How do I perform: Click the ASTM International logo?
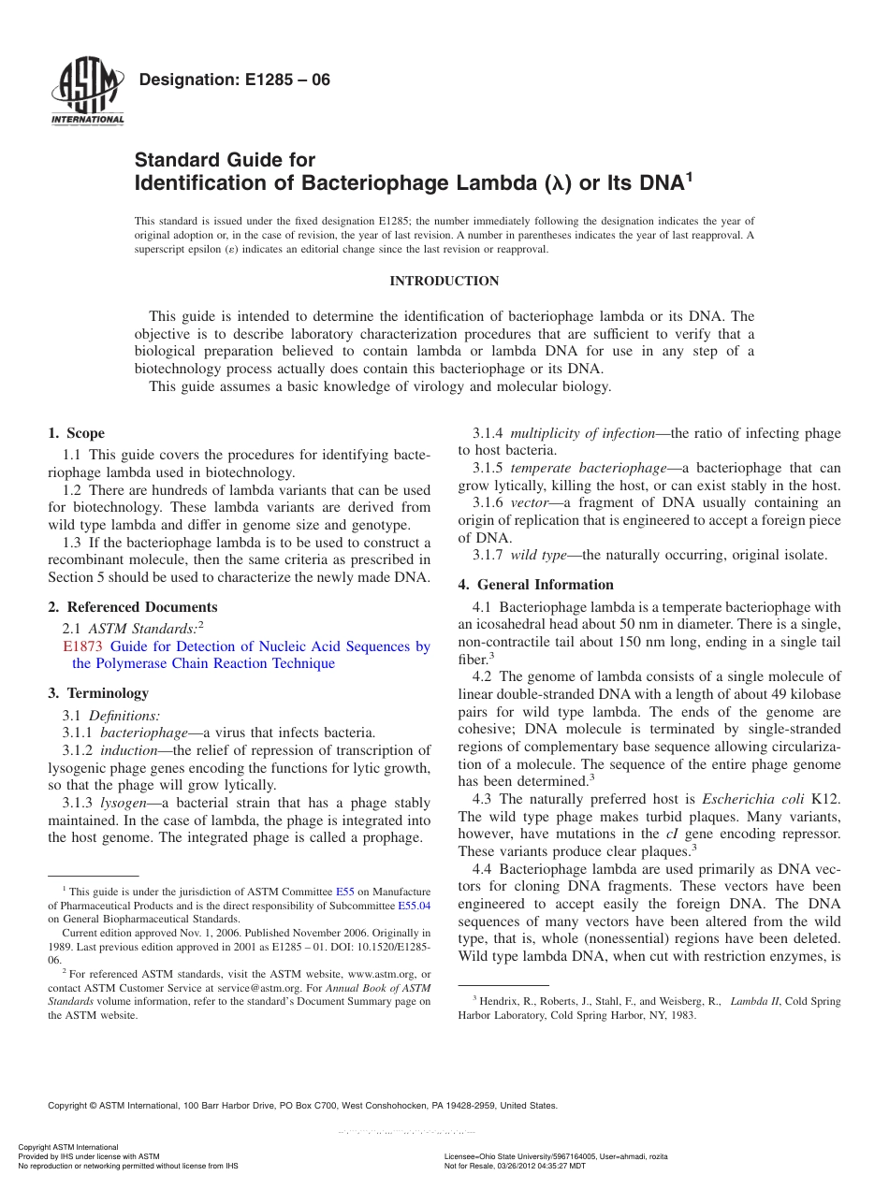[87, 91]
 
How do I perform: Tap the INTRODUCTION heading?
[444, 281]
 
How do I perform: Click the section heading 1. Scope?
[77, 433]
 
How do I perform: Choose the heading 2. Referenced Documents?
[133, 607]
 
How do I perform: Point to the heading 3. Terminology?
[98, 693]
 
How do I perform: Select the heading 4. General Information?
[535, 585]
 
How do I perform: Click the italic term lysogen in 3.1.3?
[122, 803]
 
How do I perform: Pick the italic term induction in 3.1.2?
[129, 750]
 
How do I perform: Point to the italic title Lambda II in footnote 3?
[755, 1001]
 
